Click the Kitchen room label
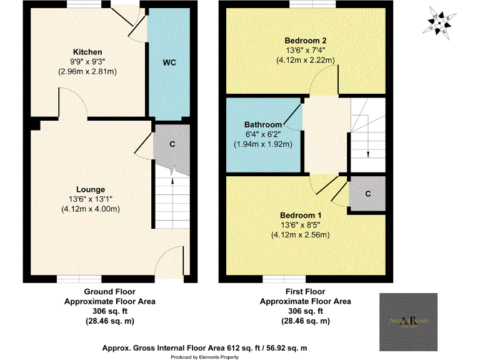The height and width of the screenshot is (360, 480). coord(87,51)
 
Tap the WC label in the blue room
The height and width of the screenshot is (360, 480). coord(169,63)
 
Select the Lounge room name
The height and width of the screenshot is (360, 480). coord(91,189)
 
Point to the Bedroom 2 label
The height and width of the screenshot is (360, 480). coord(306,41)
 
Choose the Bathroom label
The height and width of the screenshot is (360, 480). coord(263,125)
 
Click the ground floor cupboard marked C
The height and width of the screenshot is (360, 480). coord(172,144)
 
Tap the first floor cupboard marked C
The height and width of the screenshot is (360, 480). coord(367,194)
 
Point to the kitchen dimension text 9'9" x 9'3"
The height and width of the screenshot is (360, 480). coord(87,62)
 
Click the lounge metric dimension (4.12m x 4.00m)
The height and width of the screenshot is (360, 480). coord(91,209)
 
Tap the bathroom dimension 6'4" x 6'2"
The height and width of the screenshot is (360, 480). coord(263,134)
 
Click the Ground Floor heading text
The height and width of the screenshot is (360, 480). coord(110,292)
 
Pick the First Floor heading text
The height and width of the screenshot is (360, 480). coord(305,292)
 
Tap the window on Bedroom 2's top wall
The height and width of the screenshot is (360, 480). coord(306,5)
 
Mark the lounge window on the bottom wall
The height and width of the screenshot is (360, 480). coord(79,278)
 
